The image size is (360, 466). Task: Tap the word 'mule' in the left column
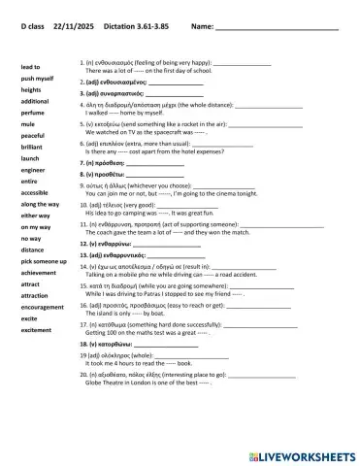(28, 124)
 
